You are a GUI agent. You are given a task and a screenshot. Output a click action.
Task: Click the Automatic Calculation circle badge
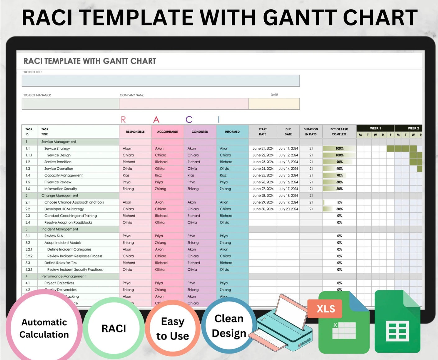pyautogui.click(x=44, y=328)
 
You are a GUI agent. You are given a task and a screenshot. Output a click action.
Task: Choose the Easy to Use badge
pyautogui.click(x=172, y=329)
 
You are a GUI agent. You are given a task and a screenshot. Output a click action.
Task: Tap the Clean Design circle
pyautogui.click(x=229, y=326)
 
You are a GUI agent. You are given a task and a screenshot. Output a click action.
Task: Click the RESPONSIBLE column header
pyautogui.click(x=135, y=132)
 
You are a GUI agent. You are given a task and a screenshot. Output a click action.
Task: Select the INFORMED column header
pyautogui.click(x=232, y=132)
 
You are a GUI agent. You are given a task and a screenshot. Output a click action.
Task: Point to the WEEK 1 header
pyautogui.click(x=375, y=128)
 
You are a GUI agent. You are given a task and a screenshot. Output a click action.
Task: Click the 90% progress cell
pyautogui.click(x=339, y=162)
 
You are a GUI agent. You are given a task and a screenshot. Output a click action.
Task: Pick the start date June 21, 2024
pyautogui.click(x=263, y=148)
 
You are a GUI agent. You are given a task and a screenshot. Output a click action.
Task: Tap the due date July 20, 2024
pyautogui.click(x=288, y=209)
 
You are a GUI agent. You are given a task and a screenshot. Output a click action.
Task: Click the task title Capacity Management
pyautogui.click(x=63, y=175)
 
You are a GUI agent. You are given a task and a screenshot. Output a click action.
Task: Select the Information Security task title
pyautogui.click(x=61, y=189)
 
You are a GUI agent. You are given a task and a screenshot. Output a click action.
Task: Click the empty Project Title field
pyautogui.click(x=161, y=81)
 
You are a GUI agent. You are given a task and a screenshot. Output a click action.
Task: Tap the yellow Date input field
pyautogui.click(x=274, y=104)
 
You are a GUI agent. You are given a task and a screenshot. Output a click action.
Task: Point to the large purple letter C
pyautogui.click(x=189, y=119)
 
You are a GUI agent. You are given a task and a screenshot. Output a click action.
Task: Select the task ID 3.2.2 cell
pyautogui.click(x=29, y=256)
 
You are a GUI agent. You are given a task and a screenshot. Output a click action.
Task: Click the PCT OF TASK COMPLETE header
pyautogui.click(x=339, y=132)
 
